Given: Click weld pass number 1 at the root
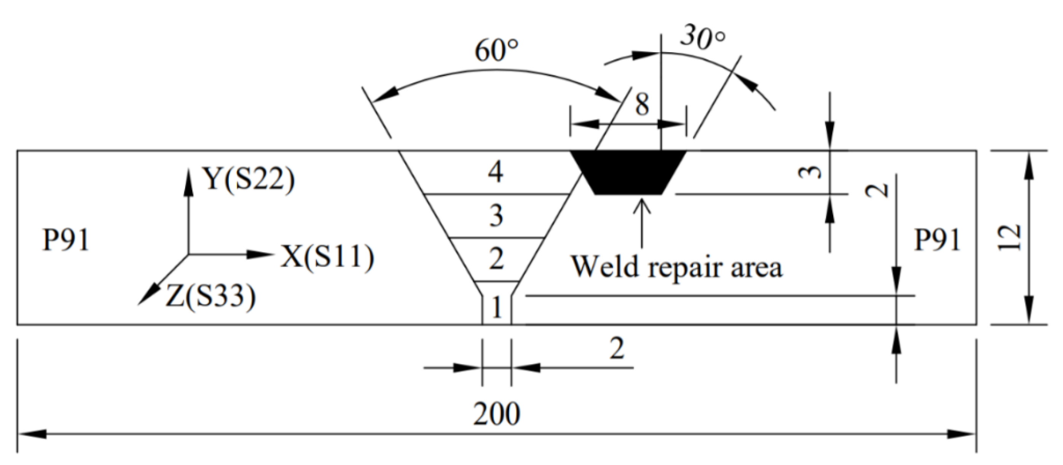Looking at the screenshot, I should [x=497, y=307].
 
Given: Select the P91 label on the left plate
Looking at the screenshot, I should [x=66, y=240].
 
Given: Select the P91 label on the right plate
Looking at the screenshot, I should [x=937, y=240].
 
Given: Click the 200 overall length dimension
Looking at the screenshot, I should [x=496, y=414].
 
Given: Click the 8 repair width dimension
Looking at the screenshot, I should [x=642, y=105].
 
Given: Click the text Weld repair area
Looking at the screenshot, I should [x=677, y=268].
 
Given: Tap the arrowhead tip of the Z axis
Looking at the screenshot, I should [x=139, y=304].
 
